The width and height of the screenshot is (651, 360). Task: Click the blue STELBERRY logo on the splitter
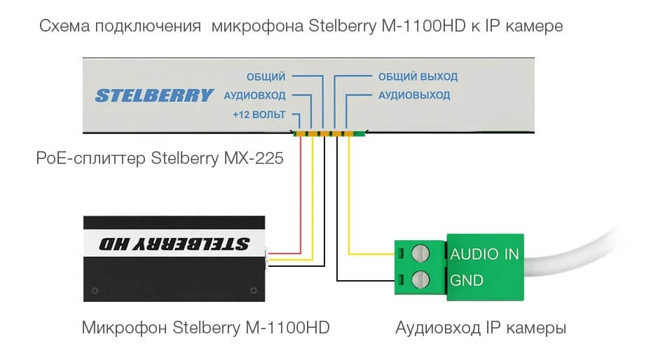[x=153, y=95]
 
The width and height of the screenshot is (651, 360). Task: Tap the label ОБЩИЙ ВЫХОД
[x=418, y=76]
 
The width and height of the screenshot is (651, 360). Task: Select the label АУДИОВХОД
[x=255, y=95]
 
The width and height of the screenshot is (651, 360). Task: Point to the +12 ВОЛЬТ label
[x=259, y=115]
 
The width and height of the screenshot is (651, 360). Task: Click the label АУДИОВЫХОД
[x=414, y=95]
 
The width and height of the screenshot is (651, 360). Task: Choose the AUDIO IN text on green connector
[x=484, y=254]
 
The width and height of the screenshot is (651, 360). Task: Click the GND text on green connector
[x=467, y=280]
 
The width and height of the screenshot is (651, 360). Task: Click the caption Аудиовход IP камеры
[x=481, y=328]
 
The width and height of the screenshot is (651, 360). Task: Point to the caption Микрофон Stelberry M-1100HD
[x=205, y=328]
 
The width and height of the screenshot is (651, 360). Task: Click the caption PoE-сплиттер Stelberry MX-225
[x=159, y=159]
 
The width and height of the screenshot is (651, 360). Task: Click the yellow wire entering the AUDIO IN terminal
[x=368, y=253]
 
